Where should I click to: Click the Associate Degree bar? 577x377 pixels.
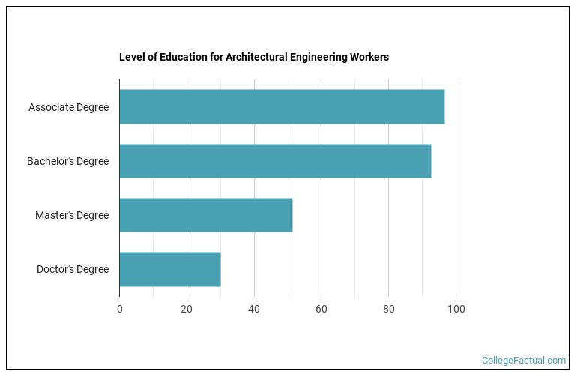click(282, 107)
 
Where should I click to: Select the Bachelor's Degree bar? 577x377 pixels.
click(275, 161)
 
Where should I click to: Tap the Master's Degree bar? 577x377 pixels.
click(206, 215)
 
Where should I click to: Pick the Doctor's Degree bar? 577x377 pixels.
click(170, 269)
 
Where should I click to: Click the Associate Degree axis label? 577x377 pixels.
click(68, 107)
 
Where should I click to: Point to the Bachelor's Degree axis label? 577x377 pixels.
click(67, 161)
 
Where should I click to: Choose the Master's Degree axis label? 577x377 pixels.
click(72, 215)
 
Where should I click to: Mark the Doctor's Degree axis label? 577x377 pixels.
click(73, 269)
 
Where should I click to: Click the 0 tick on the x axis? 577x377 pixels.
click(120, 309)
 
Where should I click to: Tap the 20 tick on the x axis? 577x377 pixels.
click(187, 309)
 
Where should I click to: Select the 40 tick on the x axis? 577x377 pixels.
click(254, 309)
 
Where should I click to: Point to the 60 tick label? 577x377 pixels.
click(321, 309)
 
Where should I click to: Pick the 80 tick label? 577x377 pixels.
click(388, 309)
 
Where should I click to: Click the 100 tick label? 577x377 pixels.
click(456, 309)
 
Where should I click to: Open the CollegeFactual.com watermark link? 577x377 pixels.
click(524, 361)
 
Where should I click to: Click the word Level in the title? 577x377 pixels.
click(130, 57)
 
